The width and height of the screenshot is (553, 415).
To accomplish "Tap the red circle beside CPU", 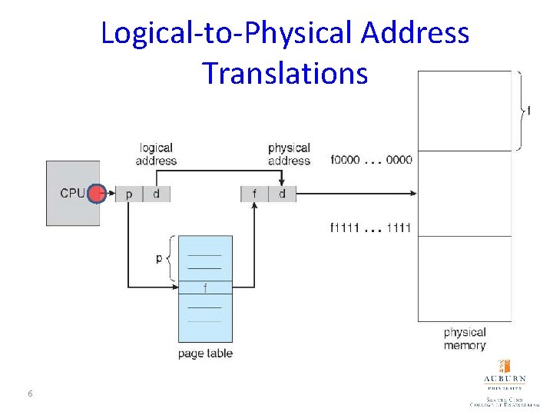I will coord(96,194).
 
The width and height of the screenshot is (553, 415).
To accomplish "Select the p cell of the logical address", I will coord(128,194).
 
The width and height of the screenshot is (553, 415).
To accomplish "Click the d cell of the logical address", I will coord(156,194).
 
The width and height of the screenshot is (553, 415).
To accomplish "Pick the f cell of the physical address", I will coord(254,194).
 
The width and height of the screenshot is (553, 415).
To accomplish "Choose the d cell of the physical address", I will coord(282,194).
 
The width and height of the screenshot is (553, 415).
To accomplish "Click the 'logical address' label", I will coord(156,154).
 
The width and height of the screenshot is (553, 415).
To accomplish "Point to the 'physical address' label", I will coord(289,154).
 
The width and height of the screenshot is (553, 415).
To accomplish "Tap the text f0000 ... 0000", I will coord(371,160).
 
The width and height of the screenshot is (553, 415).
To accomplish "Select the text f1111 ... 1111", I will coord(371,227).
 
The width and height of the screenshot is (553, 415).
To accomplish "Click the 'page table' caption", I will coord(205,354).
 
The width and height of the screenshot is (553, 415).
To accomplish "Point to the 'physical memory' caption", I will coord(465,339).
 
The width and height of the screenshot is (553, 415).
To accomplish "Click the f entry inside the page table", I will coord(205,288).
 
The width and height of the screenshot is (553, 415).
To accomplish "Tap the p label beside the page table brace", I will coord(159,258).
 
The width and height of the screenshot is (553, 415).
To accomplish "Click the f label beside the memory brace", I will coord(528,111).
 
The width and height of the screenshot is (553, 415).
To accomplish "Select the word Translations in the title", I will coord(285,73).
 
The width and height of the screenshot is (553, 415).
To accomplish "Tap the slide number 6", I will coord(30,394).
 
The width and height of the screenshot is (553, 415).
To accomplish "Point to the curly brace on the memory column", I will coord(522,111).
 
